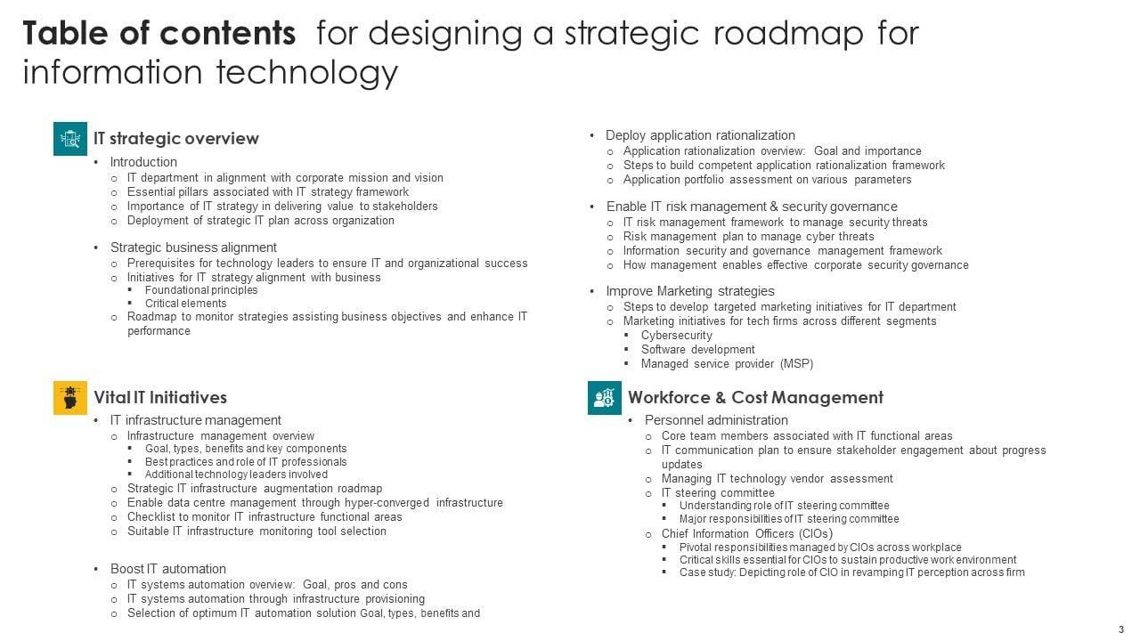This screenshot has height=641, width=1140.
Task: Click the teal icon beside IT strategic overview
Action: (70, 139)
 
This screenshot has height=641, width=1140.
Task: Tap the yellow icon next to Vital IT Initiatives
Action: (70, 397)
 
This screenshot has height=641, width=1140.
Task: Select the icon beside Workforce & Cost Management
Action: (605, 397)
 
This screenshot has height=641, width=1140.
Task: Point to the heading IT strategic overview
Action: (176, 139)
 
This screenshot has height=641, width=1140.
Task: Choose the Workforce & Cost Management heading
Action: (755, 398)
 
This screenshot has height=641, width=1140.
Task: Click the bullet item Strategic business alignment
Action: (193, 247)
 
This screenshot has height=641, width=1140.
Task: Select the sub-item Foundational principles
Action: (201, 290)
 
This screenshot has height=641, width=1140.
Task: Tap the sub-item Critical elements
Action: (185, 304)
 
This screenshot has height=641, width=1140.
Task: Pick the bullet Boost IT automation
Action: (167, 569)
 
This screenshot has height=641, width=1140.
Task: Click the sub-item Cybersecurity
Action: (676, 336)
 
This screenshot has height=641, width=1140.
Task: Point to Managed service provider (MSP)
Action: (727, 364)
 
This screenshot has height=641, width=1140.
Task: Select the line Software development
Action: (697, 350)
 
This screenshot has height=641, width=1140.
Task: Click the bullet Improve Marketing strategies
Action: (690, 291)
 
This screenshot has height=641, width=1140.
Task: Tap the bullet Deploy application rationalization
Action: (700, 135)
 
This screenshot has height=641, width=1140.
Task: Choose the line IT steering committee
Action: (718, 493)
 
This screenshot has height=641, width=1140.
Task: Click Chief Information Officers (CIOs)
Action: (747, 534)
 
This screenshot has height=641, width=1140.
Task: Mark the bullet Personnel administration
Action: (716, 420)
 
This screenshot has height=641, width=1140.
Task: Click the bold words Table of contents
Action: (159, 34)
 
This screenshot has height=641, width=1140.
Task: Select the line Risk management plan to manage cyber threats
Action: (748, 237)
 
